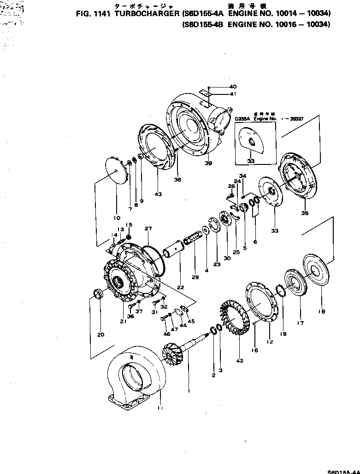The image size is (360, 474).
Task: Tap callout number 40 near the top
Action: click(233, 87)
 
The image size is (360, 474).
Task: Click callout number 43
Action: click(158, 194)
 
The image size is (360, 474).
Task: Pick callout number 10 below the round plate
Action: click(116, 217)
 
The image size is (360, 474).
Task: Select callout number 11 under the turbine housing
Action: click(159, 408)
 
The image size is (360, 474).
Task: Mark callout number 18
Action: click(322, 311)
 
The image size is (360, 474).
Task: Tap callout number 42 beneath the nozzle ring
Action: click(239, 361)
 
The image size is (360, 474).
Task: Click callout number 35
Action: click(305, 213)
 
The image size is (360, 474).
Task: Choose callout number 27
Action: click(148, 228)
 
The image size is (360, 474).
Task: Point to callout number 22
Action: click(180, 287)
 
